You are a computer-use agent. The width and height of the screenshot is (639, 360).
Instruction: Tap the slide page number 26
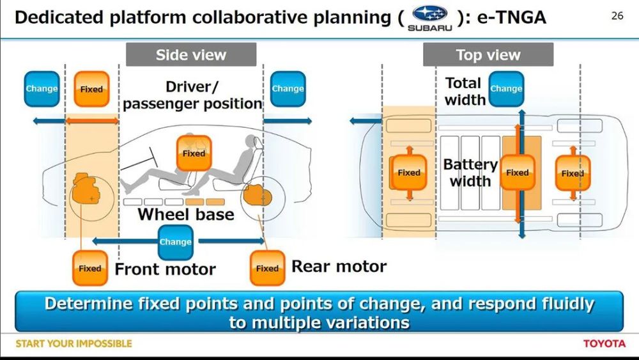coord(617,16)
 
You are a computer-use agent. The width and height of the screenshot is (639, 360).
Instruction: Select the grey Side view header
coord(191,54)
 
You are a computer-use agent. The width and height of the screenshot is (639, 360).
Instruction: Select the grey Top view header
coord(488,54)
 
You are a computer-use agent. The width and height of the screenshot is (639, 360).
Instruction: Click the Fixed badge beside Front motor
coord(90,268)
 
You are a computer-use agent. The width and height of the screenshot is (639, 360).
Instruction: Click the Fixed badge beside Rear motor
coord(267,268)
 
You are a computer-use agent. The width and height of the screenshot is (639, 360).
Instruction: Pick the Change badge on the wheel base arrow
coord(175,242)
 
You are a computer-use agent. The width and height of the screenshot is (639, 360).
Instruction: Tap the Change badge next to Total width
coord(506,89)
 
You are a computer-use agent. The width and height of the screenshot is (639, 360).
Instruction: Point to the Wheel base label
coord(186,214)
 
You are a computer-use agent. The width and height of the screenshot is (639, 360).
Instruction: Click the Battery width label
coord(470,173)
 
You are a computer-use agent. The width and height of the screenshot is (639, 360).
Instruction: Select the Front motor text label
coord(165,269)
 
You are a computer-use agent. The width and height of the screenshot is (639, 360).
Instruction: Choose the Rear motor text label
coord(339,266)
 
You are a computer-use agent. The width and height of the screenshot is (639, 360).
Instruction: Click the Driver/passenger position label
coord(192,95)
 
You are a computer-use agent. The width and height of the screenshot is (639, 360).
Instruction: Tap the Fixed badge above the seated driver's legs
coord(194,153)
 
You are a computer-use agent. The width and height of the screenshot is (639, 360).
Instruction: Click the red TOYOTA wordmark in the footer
coord(604,343)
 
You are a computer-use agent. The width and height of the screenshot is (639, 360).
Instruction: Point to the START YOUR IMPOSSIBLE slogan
coord(73,343)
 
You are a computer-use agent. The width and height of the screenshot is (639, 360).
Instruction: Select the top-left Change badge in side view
coord(42,89)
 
